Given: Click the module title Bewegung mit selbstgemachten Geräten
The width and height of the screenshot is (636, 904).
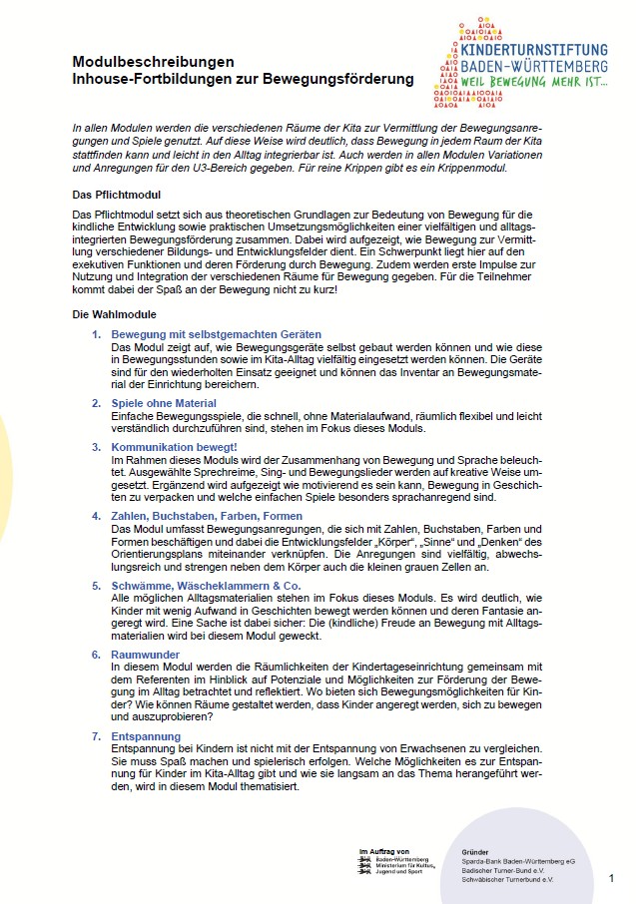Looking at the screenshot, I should point(216,333).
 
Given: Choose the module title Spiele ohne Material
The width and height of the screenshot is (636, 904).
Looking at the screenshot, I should point(164,403).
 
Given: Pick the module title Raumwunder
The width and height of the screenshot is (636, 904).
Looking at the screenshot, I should point(146,655).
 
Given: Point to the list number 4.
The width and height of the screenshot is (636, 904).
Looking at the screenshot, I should point(97,516).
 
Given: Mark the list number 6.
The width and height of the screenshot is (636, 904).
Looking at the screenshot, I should point(97,655).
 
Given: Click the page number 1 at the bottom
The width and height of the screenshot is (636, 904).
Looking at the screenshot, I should point(611,878).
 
